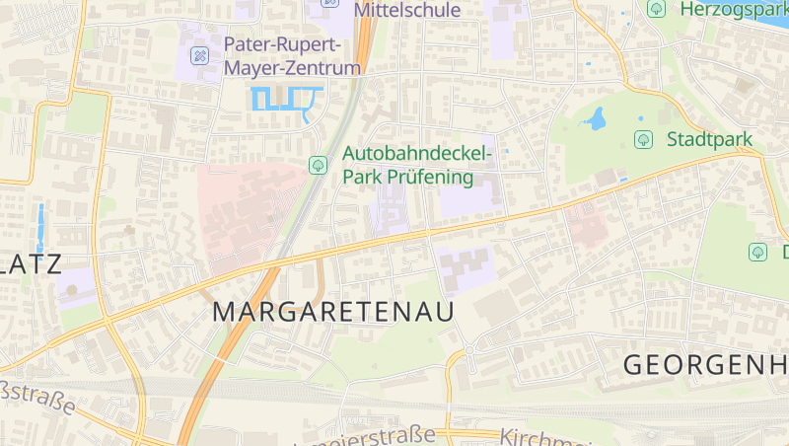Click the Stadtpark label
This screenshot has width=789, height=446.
[x=709, y=139]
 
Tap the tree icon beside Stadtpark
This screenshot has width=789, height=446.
[x=643, y=139]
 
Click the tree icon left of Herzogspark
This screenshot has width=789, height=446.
[x=656, y=8]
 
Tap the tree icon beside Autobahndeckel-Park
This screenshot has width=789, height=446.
[x=318, y=165]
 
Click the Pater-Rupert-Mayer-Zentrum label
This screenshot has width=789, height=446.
[x=291, y=56]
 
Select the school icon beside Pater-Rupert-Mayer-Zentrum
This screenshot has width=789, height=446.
[x=200, y=55]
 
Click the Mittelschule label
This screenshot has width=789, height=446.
[x=406, y=10]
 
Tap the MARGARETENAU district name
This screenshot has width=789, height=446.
[x=333, y=312]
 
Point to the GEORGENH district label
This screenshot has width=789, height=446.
[x=705, y=364]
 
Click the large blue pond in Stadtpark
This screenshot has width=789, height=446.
[x=594, y=120]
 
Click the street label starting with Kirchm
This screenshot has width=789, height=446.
[x=538, y=437]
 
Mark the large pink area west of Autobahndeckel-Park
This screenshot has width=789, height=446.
[x=247, y=212]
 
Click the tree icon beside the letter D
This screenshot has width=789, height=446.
[x=757, y=252]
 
